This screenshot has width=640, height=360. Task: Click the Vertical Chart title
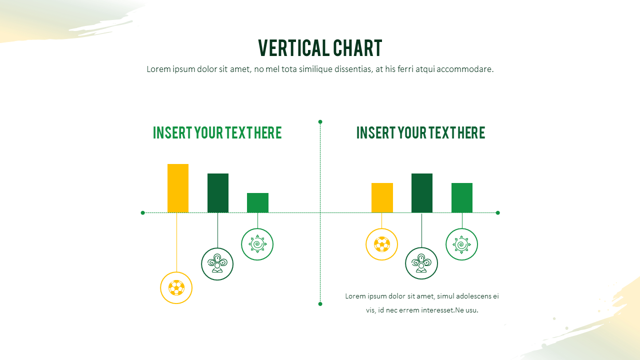pyautogui.click(x=320, y=48)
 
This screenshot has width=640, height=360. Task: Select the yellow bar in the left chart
pyautogui.click(x=178, y=188)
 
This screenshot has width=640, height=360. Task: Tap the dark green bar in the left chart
pyautogui.click(x=218, y=192)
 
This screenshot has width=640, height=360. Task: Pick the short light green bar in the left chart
pyautogui.click(x=257, y=202)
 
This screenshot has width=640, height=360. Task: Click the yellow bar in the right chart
pyautogui.click(x=382, y=197)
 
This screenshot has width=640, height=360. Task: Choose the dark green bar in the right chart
pyautogui.click(x=422, y=192)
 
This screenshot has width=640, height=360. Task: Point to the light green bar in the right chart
pyautogui.click(x=462, y=197)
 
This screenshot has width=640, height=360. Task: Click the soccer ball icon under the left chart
pyautogui.click(x=176, y=287)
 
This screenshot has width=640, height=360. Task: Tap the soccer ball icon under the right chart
pyautogui.click(x=381, y=244)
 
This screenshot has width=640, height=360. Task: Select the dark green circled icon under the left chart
pyautogui.click(x=217, y=264)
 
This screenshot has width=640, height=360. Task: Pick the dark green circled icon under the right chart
pyautogui.click(x=421, y=263)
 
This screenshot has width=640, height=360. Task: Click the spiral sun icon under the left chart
pyautogui.click(x=257, y=244)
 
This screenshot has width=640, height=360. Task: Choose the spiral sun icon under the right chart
pyautogui.click(x=461, y=244)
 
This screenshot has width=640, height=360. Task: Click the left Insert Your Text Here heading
pyautogui.click(x=217, y=133)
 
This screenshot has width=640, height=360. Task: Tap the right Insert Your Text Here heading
pyautogui.click(x=420, y=133)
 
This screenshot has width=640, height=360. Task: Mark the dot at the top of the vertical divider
pyautogui.click(x=320, y=121)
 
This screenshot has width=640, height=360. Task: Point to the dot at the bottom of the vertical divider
pyautogui.click(x=320, y=303)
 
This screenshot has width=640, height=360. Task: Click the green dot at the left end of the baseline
pyautogui.click(x=142, y=212)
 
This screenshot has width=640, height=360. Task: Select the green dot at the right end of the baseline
pyautogui.click(x=497, y=212)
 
